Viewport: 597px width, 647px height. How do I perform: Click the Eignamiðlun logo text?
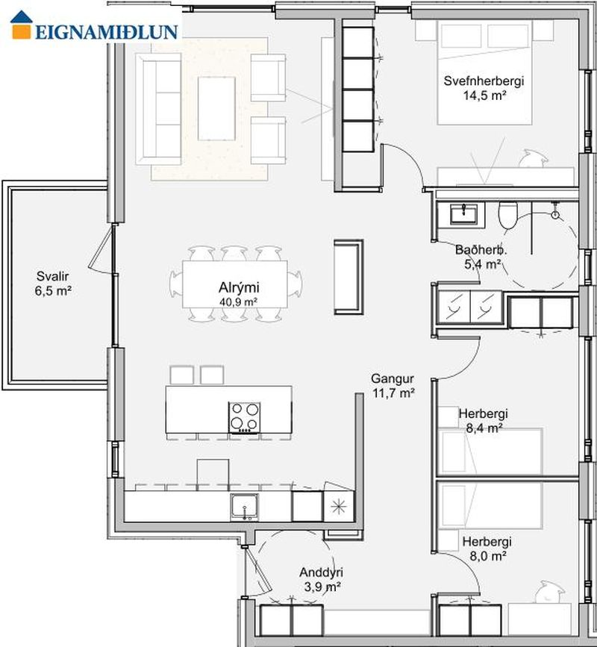(x=107, y=32)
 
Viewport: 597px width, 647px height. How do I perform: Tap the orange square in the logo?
(x=22, y=31)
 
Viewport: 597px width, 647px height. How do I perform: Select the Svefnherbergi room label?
(x=484, y=81)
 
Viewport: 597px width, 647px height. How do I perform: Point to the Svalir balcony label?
(x=52, y=276)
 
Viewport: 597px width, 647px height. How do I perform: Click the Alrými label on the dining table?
(x=239, y=287)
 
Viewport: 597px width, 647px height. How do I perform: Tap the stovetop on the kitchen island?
(x=245, y=417)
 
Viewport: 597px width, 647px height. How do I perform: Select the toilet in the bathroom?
(x=507, y=215)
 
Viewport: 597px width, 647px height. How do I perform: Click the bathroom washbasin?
(x=463, y=213)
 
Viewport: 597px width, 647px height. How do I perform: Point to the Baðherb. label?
(x=481, y=250)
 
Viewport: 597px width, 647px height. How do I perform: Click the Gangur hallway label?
(x=393, y=378)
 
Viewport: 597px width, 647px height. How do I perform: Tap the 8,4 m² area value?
(x=484, y=428)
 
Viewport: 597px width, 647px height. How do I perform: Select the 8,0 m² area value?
(x=487, y=556)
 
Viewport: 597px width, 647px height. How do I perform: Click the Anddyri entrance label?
(x=321, y=572)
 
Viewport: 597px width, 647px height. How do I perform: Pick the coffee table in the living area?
(x=216, y=108)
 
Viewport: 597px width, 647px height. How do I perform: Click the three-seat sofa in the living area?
(x=159, y=110)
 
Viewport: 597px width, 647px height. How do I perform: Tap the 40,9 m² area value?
(x=239, y=301)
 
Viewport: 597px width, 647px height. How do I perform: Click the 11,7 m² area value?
(x=393, y=393)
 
